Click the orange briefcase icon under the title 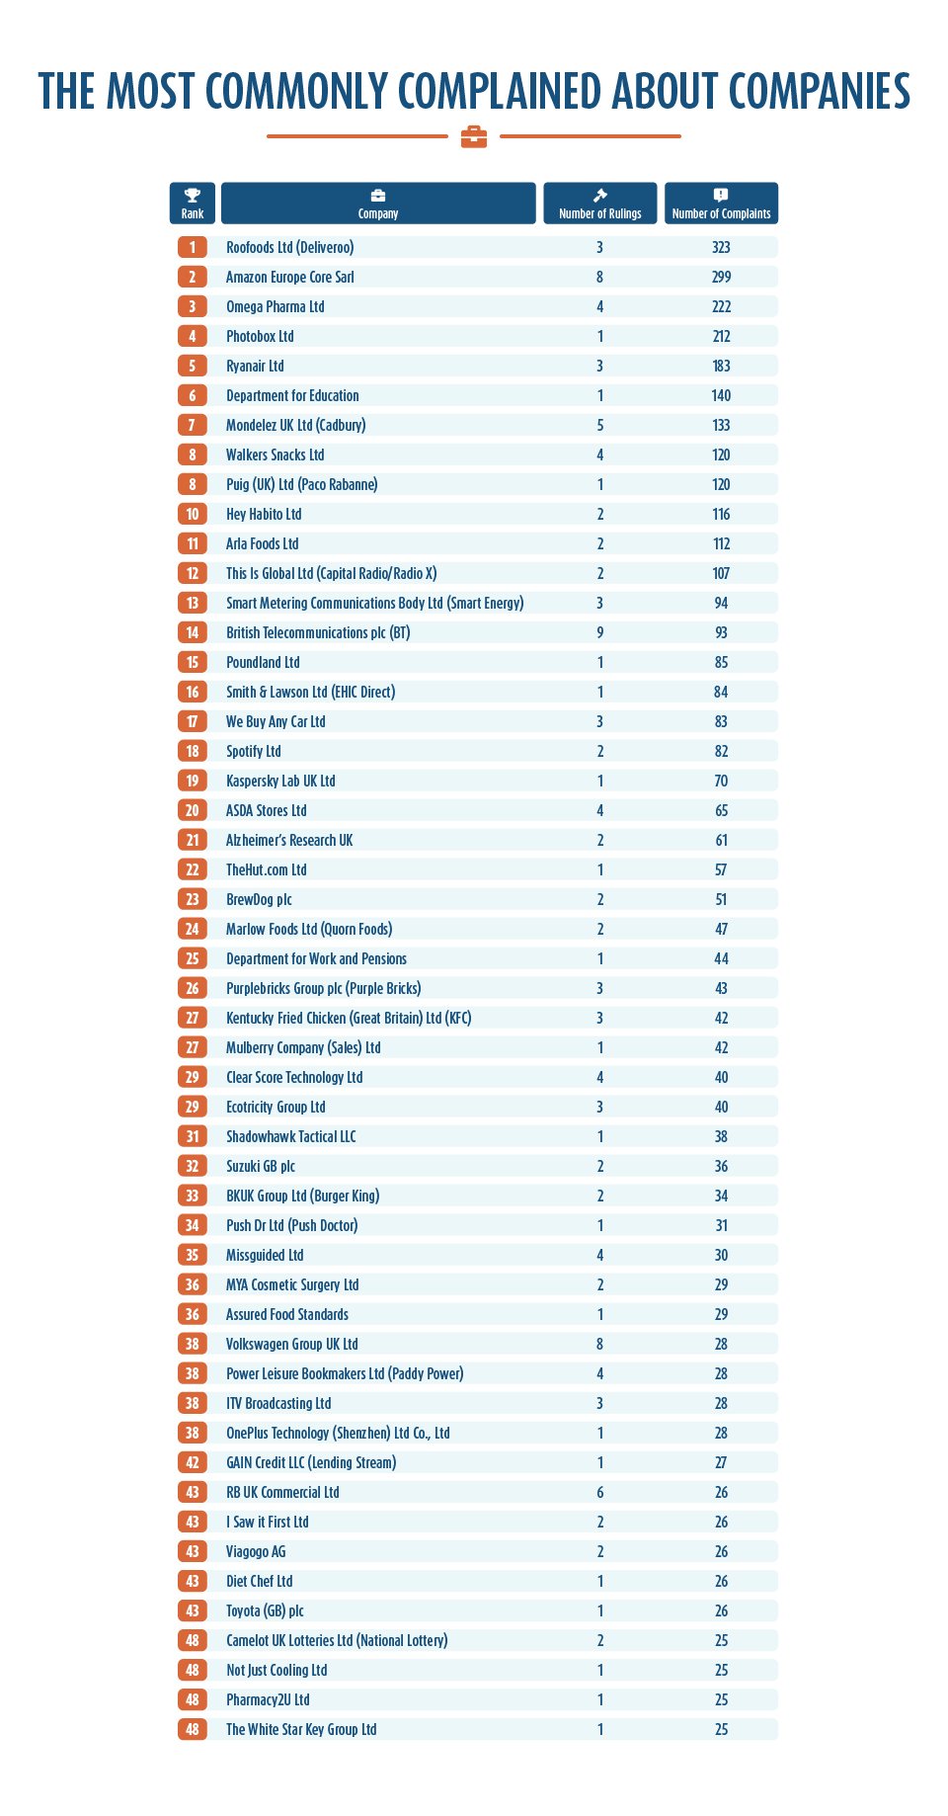click(x=474, y=136)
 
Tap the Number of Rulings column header click(x=599, y=204)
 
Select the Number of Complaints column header click(x=721, y=204)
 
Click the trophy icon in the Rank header click(x=193, y=196)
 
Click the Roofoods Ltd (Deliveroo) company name click(x=289, y=247)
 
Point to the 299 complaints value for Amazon click(x=721, y=277)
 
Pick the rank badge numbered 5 click(x=193, y=366)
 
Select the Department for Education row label click(x=292, y=395)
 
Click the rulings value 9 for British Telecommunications click(x=599, y=632)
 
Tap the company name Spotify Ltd click(x=254, y=751)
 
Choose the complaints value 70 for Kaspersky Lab click(x=721, y=781)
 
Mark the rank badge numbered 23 click(x=193, y=899)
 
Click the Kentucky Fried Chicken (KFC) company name click(x=349, y=1018)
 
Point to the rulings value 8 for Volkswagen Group click(x=599, y=1344)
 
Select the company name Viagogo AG click(x=256, y=1551)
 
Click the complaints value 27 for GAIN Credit click(x=721, y=1462)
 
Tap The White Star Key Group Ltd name click(x=301, y=1729)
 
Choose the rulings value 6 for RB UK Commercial click(x=599, y=1492)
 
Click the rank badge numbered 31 click(x=193, y=1136)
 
